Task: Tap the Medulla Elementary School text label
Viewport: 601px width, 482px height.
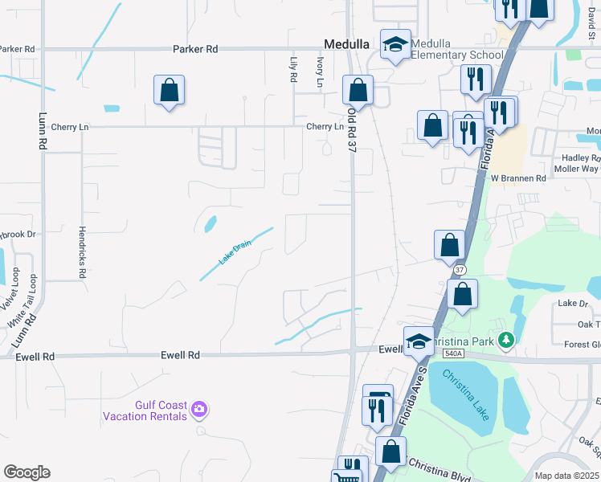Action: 456,49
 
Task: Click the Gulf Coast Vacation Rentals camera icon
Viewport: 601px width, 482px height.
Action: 198,411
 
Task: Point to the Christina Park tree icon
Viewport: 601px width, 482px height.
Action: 505,341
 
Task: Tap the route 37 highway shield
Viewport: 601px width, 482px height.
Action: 459,271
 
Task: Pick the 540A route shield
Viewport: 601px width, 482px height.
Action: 453,353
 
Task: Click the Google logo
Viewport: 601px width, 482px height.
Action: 27,472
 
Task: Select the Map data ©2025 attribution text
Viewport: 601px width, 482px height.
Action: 566,476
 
